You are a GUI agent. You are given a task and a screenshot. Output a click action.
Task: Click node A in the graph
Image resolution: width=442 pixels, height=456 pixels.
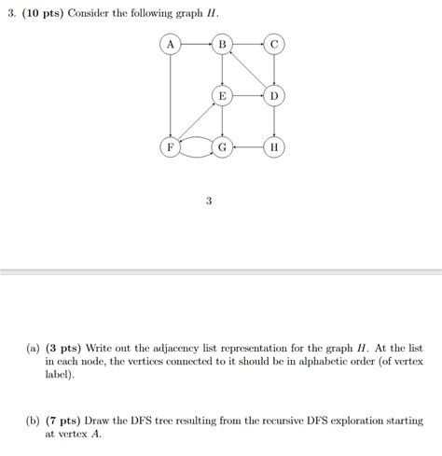tap(170, 44)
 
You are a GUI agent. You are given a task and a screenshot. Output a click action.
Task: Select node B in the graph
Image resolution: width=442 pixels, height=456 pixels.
tap(222, 44)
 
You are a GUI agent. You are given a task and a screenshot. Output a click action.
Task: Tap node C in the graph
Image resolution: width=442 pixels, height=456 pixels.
tap(273, 44)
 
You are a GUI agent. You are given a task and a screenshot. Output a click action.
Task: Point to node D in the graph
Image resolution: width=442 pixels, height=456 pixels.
tap(273, 96)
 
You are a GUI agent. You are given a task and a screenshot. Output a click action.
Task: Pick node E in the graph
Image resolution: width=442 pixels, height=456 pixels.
tap(222, 96)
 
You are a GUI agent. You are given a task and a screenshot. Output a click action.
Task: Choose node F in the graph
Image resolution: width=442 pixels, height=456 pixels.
tap(170, 147)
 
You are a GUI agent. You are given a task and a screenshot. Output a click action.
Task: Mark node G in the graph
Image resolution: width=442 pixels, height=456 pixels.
tap(222, 147)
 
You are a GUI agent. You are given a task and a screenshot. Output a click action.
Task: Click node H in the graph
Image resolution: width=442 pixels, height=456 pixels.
tap(273, 147)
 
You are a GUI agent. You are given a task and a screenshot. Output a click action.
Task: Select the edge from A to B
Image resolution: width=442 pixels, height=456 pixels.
tap(196, 44)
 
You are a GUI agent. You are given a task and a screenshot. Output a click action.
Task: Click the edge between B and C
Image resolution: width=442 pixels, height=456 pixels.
tap(248, 44)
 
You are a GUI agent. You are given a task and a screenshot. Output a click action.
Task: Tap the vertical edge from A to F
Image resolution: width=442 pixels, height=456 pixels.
tap(170, 95)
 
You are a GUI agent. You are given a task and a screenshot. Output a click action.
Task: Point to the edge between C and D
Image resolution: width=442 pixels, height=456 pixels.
tap(273, 70)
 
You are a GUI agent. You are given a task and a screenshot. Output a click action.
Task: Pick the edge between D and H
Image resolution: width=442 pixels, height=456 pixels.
tap(273, 122)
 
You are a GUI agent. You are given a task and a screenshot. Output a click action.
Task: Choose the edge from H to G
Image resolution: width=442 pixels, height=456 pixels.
tap(248, 147)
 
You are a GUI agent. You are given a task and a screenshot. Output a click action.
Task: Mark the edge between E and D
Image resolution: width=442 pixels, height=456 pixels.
tap(248, 96)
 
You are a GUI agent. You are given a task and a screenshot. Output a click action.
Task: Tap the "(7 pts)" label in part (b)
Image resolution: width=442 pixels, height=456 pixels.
tap(71, 421)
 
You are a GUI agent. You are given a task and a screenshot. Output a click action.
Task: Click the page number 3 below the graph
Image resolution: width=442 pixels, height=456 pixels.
tap(209, 200)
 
